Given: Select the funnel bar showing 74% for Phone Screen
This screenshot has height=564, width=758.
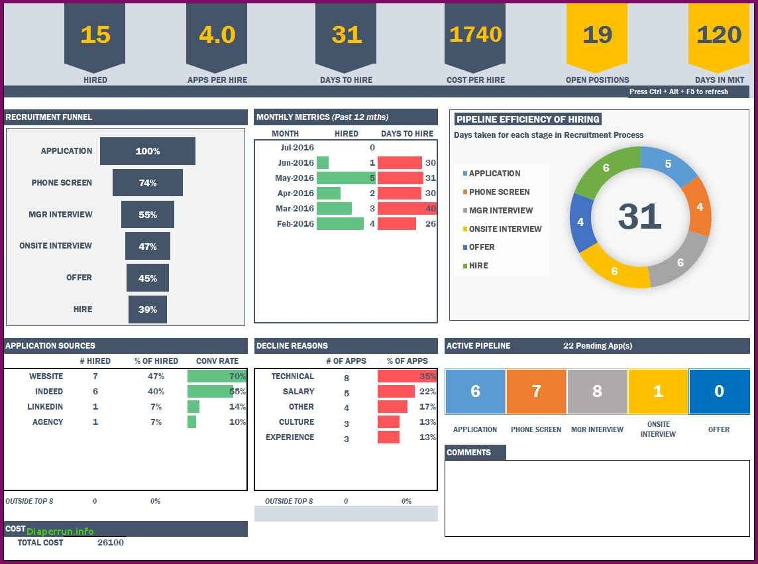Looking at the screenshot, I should [148, 183].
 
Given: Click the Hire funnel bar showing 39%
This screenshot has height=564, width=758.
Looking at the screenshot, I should [148, 310].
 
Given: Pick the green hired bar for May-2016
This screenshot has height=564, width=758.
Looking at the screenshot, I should [345, 178].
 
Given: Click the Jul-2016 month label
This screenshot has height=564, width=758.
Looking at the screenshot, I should [297, 148].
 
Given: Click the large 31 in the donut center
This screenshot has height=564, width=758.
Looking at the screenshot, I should [639, 217].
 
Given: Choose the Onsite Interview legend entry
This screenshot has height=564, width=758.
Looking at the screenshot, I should [505, 229].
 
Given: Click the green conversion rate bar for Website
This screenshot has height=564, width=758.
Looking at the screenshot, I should [216, 376].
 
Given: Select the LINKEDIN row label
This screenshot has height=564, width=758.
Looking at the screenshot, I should [45, 407].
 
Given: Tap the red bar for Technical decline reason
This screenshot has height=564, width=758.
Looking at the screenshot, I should [406, 376].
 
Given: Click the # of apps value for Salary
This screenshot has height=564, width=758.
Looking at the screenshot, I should [347, 393].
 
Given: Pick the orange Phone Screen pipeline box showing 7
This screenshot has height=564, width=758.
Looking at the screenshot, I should [536, 391].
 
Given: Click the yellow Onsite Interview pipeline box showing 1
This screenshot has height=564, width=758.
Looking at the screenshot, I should [658, 391].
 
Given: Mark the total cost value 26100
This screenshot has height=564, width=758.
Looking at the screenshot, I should [110, 543].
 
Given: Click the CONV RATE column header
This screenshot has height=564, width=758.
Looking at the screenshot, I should [217, 361].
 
